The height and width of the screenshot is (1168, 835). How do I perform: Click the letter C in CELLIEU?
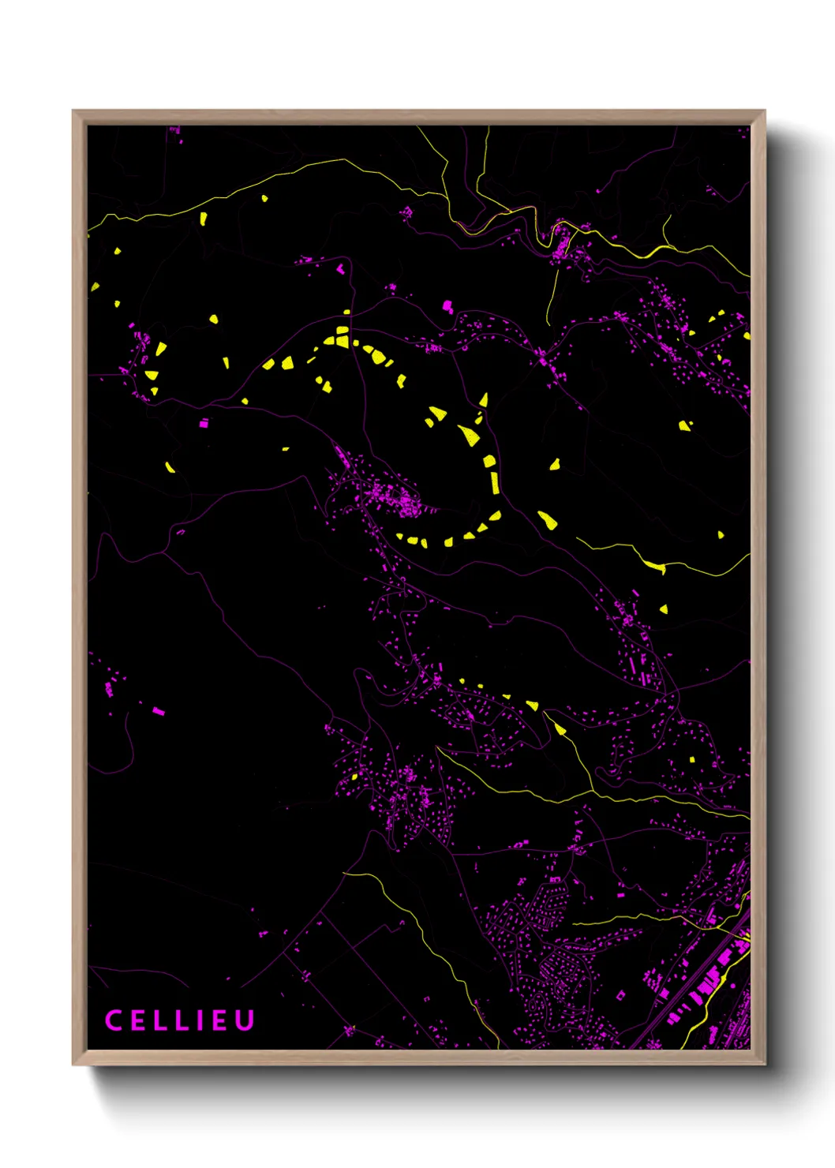tap(114, 1020)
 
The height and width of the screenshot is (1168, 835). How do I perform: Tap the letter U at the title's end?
tap(245, 1020)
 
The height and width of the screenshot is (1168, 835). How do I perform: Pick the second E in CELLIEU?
tap(221, 1020)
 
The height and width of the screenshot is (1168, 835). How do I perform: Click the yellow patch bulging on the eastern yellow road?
tap(654, 565)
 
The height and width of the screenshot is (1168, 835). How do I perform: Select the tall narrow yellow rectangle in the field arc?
tap(495, 482)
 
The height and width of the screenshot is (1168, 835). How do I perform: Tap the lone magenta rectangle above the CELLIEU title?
tap(159, 711)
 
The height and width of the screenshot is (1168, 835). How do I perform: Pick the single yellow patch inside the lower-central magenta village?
tap(354, 777)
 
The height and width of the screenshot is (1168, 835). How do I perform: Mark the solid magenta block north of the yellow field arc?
tap(447, 305)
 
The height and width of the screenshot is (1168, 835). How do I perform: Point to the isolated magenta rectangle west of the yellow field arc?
tap(204, 424)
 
